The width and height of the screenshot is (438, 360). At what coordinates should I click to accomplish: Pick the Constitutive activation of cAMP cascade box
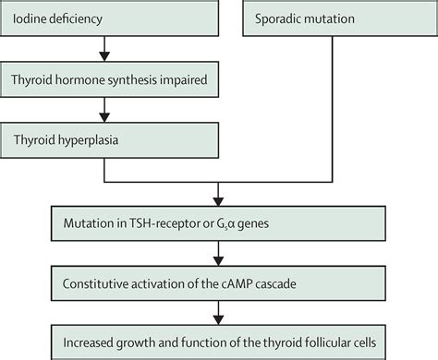[x=218, y=280]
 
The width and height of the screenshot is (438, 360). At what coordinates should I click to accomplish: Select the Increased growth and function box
[x=218, y=336]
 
